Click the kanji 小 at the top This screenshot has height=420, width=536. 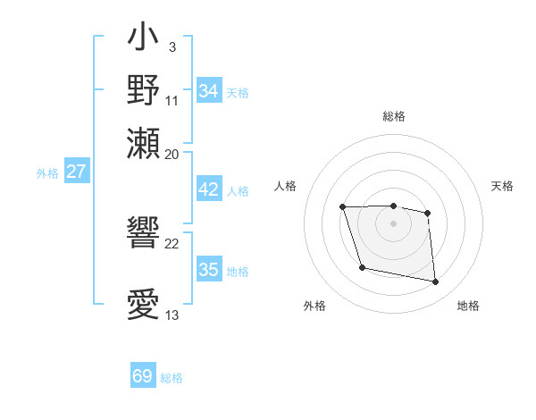(x=143, y=39)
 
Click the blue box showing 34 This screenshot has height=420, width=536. (x=209, y=91)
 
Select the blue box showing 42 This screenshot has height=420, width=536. (x=209, y=189)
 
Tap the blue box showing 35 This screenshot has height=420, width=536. (x=209, y=270)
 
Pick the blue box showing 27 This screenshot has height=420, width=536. (x=77, y=172)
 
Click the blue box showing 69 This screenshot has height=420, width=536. (x=143, y=376)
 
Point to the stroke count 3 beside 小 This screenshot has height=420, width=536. (x=172, y=46)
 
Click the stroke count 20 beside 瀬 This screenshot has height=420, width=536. (x=172, y=154)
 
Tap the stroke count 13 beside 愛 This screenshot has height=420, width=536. (x=172, y=315)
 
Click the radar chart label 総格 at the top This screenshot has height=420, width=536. (x=394, y=116)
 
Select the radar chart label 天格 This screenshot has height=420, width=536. (x=502, y=186)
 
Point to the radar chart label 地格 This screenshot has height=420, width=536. (x=468, y=306)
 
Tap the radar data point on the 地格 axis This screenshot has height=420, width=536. (x=436, y=282)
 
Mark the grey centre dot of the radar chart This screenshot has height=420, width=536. (x=394, y=223)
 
